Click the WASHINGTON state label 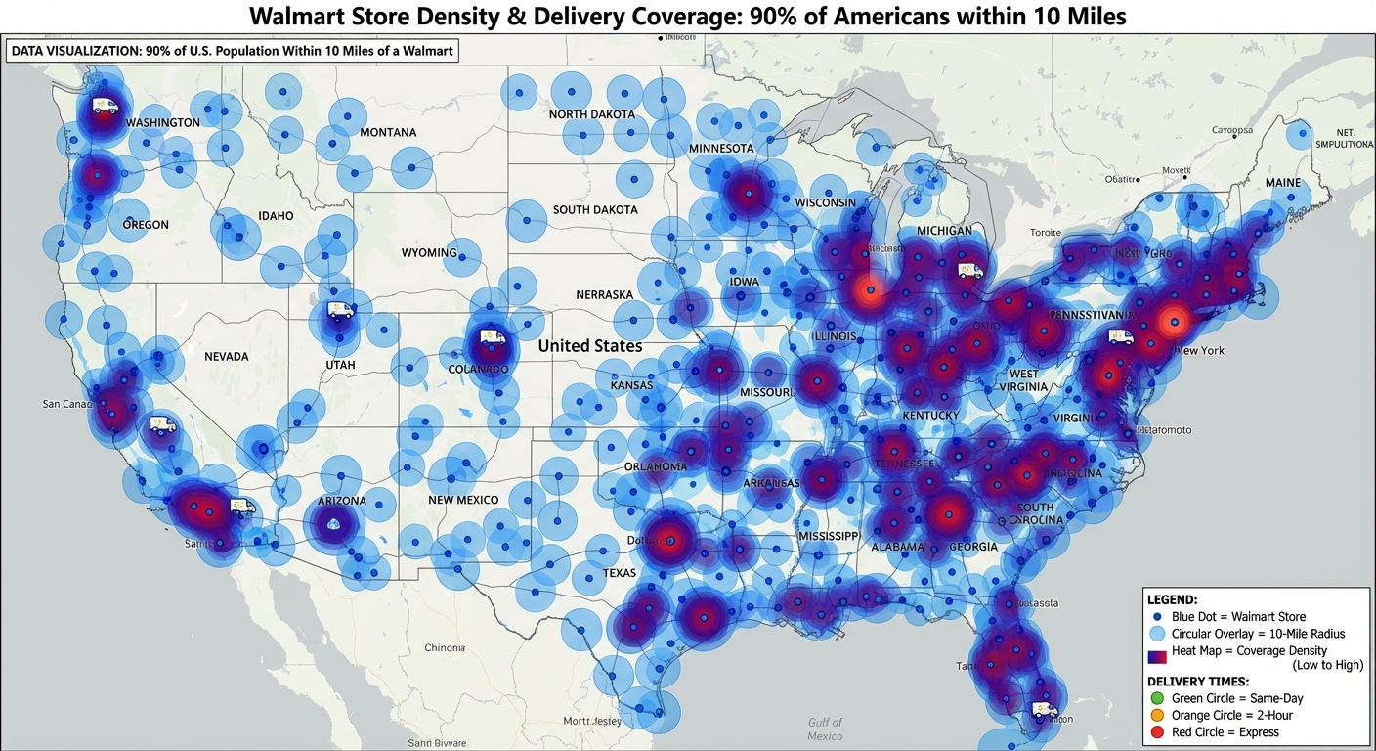pyautogui.click(x=163, y=122)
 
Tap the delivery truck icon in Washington pyautogui.click(x=106, y=106)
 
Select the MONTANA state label pyautogui.click(x=388, y=132)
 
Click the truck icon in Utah pyautogui.click(x=340, y=310)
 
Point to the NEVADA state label pyautogui.click(x=226, y=357)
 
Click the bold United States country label pyautogui.click(x=590, y=346)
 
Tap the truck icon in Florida pyautogui.click(x=1045, y=709)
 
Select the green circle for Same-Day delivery pyautogui.click(x=1158, y=698)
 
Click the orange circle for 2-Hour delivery pyautogui.click(x=1158, y=715)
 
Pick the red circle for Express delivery pyautogui.click(x=1158, y=731)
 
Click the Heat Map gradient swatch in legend pyautogui.click(x=1158, y=656)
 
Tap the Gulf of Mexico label pyautogui.click(x=825, y=729)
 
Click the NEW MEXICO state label pyautogui.click(x=463, y=500)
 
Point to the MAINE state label pyautogui.click(x=1283, y=183)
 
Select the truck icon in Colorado pyautogui.click(x=493, y=337)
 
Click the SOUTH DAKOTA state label pyautogui.click(x=595, y=209)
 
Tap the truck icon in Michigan pyautogui.click(x=970, y=271)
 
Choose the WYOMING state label pyautogui.click(x=429, y=253)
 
